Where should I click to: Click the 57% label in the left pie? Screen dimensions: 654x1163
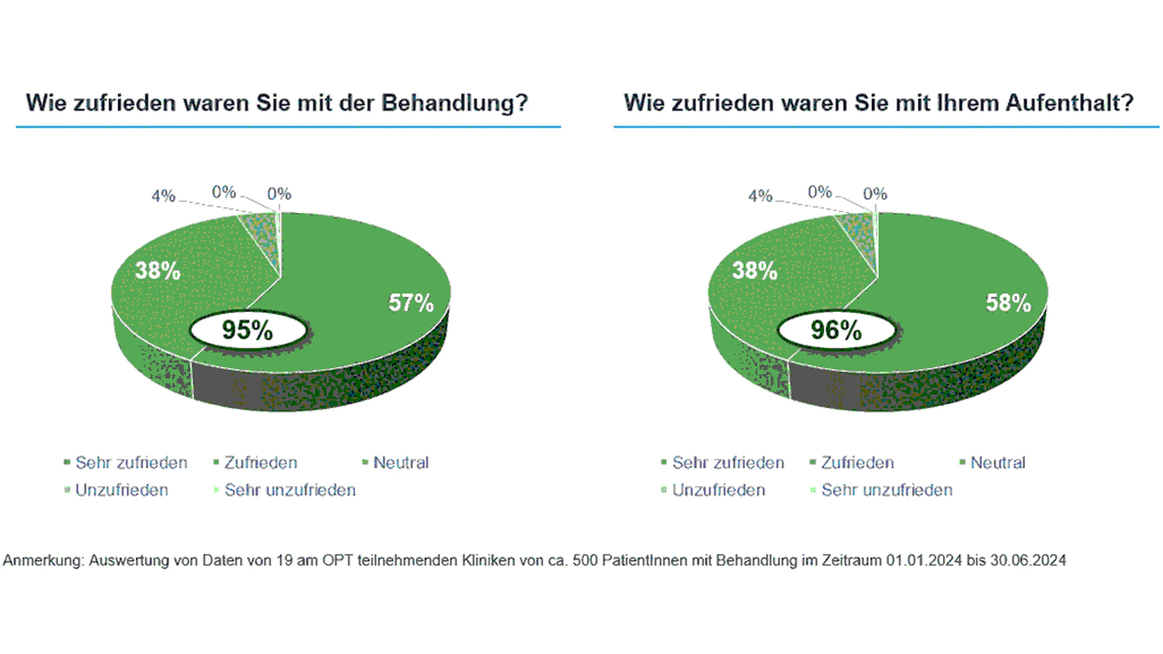point(411,303)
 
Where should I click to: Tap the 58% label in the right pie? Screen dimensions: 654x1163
point(1008,303)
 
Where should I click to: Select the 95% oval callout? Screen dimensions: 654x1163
point(248,330)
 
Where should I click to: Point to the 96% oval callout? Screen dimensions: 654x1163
point(836,330)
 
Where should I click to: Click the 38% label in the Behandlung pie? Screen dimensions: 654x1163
point(158,271)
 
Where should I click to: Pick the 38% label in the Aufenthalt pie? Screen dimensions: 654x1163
point(754,271)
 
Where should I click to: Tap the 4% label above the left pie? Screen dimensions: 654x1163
point(163,196)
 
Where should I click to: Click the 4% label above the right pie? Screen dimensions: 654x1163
point(760,196)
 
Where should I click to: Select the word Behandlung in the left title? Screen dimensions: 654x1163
point(454,103)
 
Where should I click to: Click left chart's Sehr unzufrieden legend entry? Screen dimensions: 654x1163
point(290,490)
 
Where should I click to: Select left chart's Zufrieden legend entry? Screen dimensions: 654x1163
point(261,463)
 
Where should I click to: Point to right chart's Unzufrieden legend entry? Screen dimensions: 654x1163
point(718,490)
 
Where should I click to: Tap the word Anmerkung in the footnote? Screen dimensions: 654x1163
point(43,561)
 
